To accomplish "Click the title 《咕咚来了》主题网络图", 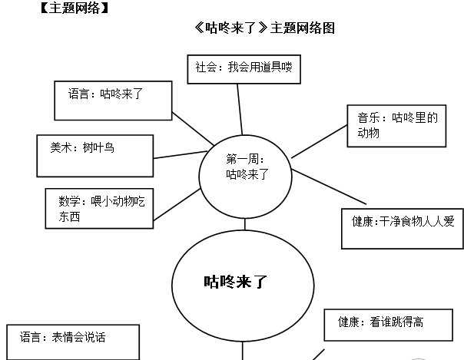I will tap(265, 28).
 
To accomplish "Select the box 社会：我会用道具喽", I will tap(242, 68).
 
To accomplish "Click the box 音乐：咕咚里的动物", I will tap(396, 126).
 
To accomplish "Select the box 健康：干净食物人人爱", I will tap(403, 227).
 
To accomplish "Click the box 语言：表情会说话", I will tap(74, 342).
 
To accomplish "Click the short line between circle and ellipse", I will tap(245, 224).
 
